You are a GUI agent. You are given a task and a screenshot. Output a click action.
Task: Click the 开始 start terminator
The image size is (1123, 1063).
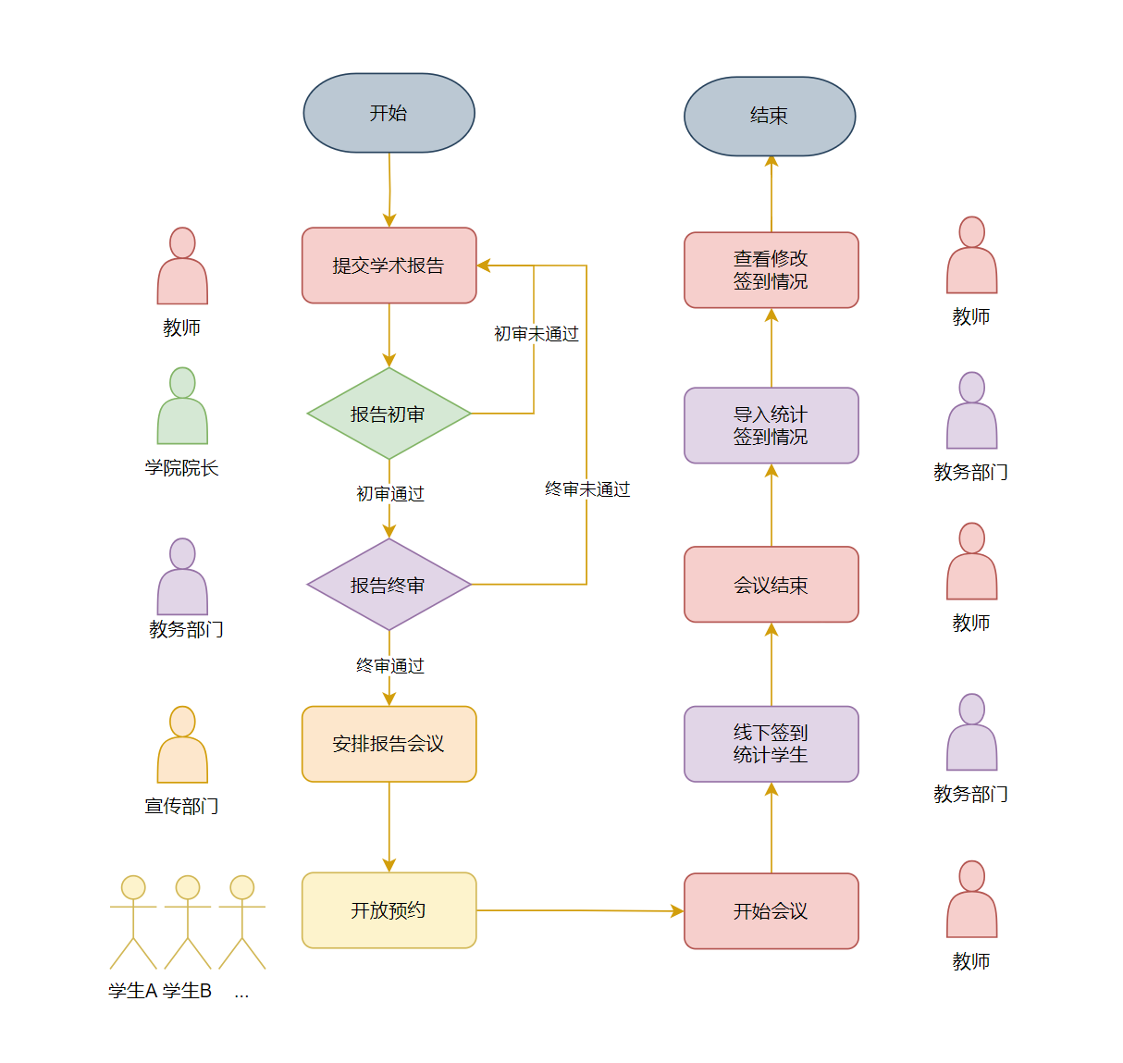389,113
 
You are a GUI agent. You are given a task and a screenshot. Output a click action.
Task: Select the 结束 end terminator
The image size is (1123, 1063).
770,117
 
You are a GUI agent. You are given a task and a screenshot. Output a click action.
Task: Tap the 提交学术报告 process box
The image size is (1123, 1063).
389,266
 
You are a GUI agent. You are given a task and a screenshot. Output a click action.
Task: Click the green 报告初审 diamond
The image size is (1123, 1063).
389,414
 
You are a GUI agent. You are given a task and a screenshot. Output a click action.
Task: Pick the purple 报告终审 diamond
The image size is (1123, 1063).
389,585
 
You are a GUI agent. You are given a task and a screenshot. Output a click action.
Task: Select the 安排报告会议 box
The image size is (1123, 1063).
389,744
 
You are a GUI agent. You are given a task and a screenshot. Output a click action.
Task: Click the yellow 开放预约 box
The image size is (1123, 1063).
389,910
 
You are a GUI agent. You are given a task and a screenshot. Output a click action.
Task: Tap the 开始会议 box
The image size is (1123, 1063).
771,911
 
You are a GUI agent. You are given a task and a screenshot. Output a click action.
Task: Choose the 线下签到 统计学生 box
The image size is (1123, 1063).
771,744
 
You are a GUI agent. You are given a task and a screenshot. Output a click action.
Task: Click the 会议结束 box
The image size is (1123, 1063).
771,585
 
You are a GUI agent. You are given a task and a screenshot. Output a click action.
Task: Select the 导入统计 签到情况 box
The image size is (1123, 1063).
771,426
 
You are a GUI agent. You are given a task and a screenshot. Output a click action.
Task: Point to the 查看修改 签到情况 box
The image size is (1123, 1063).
771,270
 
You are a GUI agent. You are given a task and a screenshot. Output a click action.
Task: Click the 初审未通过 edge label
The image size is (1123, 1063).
536,334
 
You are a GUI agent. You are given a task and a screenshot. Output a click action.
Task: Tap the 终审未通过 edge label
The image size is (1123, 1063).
587,489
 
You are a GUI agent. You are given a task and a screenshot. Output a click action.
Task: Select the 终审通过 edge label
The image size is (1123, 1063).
390,666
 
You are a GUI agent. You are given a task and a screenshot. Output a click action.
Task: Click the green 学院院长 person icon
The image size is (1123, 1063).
182,407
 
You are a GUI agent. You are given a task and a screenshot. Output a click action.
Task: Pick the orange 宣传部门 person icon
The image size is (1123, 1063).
182,746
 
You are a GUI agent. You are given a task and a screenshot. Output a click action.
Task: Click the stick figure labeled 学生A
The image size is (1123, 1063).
133,921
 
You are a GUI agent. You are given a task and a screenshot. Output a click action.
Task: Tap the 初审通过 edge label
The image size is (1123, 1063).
390,494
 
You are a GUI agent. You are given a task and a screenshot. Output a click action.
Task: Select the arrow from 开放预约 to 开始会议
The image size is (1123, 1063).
580,910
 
